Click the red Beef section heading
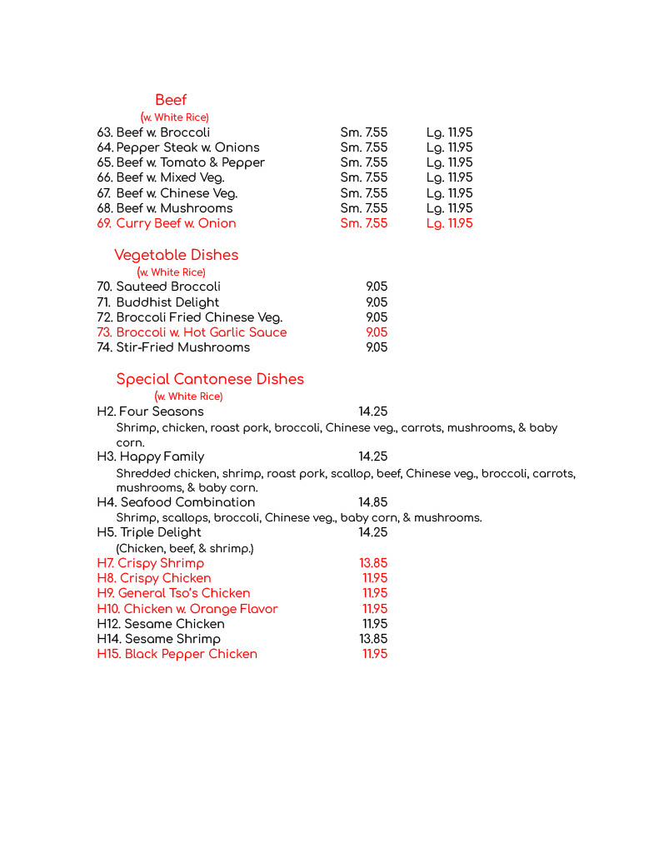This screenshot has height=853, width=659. coord(171,100)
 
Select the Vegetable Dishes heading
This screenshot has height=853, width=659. coord(176,255)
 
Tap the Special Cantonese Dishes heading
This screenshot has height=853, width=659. coord(210,379)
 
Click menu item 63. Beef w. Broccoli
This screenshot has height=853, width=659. coord(153,132)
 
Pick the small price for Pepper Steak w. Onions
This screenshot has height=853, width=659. coord(363,147)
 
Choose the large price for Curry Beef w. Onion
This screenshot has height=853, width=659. coord(449,223)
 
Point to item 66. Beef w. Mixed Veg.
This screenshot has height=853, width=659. coord(161,177)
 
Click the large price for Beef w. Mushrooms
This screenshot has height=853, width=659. coord(449,208)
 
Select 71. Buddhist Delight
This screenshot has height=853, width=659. coord(158,302)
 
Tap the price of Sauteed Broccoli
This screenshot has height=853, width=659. coord(377,287)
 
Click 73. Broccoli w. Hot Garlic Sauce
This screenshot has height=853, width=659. coord(192,332)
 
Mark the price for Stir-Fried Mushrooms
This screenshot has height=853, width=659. coord(377,347)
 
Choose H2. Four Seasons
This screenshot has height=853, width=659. coord(150,412)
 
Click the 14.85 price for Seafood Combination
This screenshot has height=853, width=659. coord(372,502)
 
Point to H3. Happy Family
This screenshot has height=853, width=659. coord(150,456)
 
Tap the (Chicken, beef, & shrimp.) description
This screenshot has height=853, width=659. coord(184,548)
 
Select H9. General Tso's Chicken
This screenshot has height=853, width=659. coord(173,593)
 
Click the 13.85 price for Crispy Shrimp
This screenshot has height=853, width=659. coord(372,563)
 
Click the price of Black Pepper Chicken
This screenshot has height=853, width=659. coord(375,654)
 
